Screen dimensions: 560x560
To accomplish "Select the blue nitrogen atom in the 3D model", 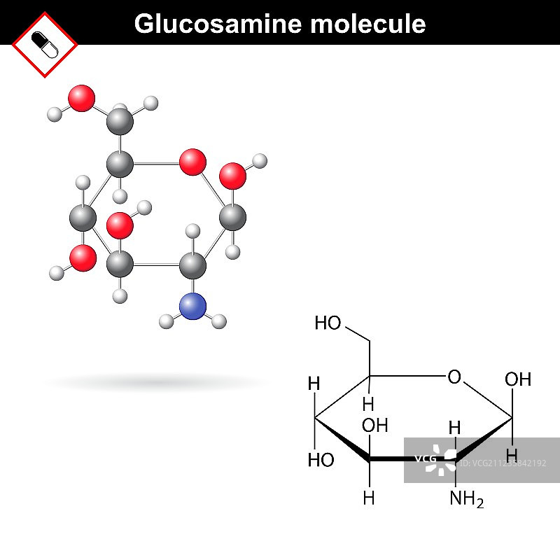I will (x=192, y=307).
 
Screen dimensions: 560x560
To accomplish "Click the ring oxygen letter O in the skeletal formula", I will (x=454, y=378).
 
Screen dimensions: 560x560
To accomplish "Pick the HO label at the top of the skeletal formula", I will (x=328, y=323).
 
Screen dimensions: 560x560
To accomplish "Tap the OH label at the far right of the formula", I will (x=518, y=380).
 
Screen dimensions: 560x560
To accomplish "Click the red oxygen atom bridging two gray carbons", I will (x=192, y=162).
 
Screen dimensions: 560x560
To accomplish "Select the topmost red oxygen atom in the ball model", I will (x=82, y=98).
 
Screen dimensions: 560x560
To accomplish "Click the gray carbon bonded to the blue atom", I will (x=192, y=266).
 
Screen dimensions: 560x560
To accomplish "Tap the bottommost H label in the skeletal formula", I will (x=369, y=498).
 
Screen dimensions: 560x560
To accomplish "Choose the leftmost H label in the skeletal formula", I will (x=314, y=384).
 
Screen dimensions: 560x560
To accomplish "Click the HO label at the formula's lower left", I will (x=321, y=460).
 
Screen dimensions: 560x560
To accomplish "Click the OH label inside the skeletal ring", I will (x=374, y=425).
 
